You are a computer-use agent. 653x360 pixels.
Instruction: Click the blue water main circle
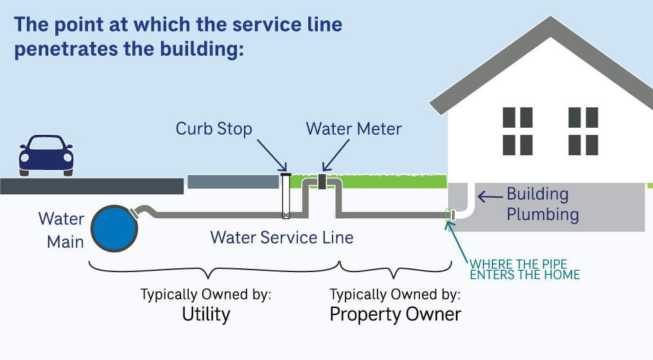pos(114,228)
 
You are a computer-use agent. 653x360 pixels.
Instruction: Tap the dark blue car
pos(46,155)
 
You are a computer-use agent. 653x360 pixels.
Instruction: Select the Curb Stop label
pos(214,129)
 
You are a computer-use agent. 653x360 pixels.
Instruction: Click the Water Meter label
pos(354,129)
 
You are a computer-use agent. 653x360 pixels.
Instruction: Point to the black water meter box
pos(322,182)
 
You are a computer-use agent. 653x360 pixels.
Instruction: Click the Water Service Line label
pos(282,237)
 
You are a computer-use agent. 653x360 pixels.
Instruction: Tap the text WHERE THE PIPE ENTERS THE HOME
pos(525,270)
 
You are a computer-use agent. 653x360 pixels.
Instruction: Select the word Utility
pos(206,314)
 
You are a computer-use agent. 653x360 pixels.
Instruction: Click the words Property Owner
pos(395,314)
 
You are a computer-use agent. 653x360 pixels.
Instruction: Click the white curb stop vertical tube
pos(286,196)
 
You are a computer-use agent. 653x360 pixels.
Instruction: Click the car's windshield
pos(46,143)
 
